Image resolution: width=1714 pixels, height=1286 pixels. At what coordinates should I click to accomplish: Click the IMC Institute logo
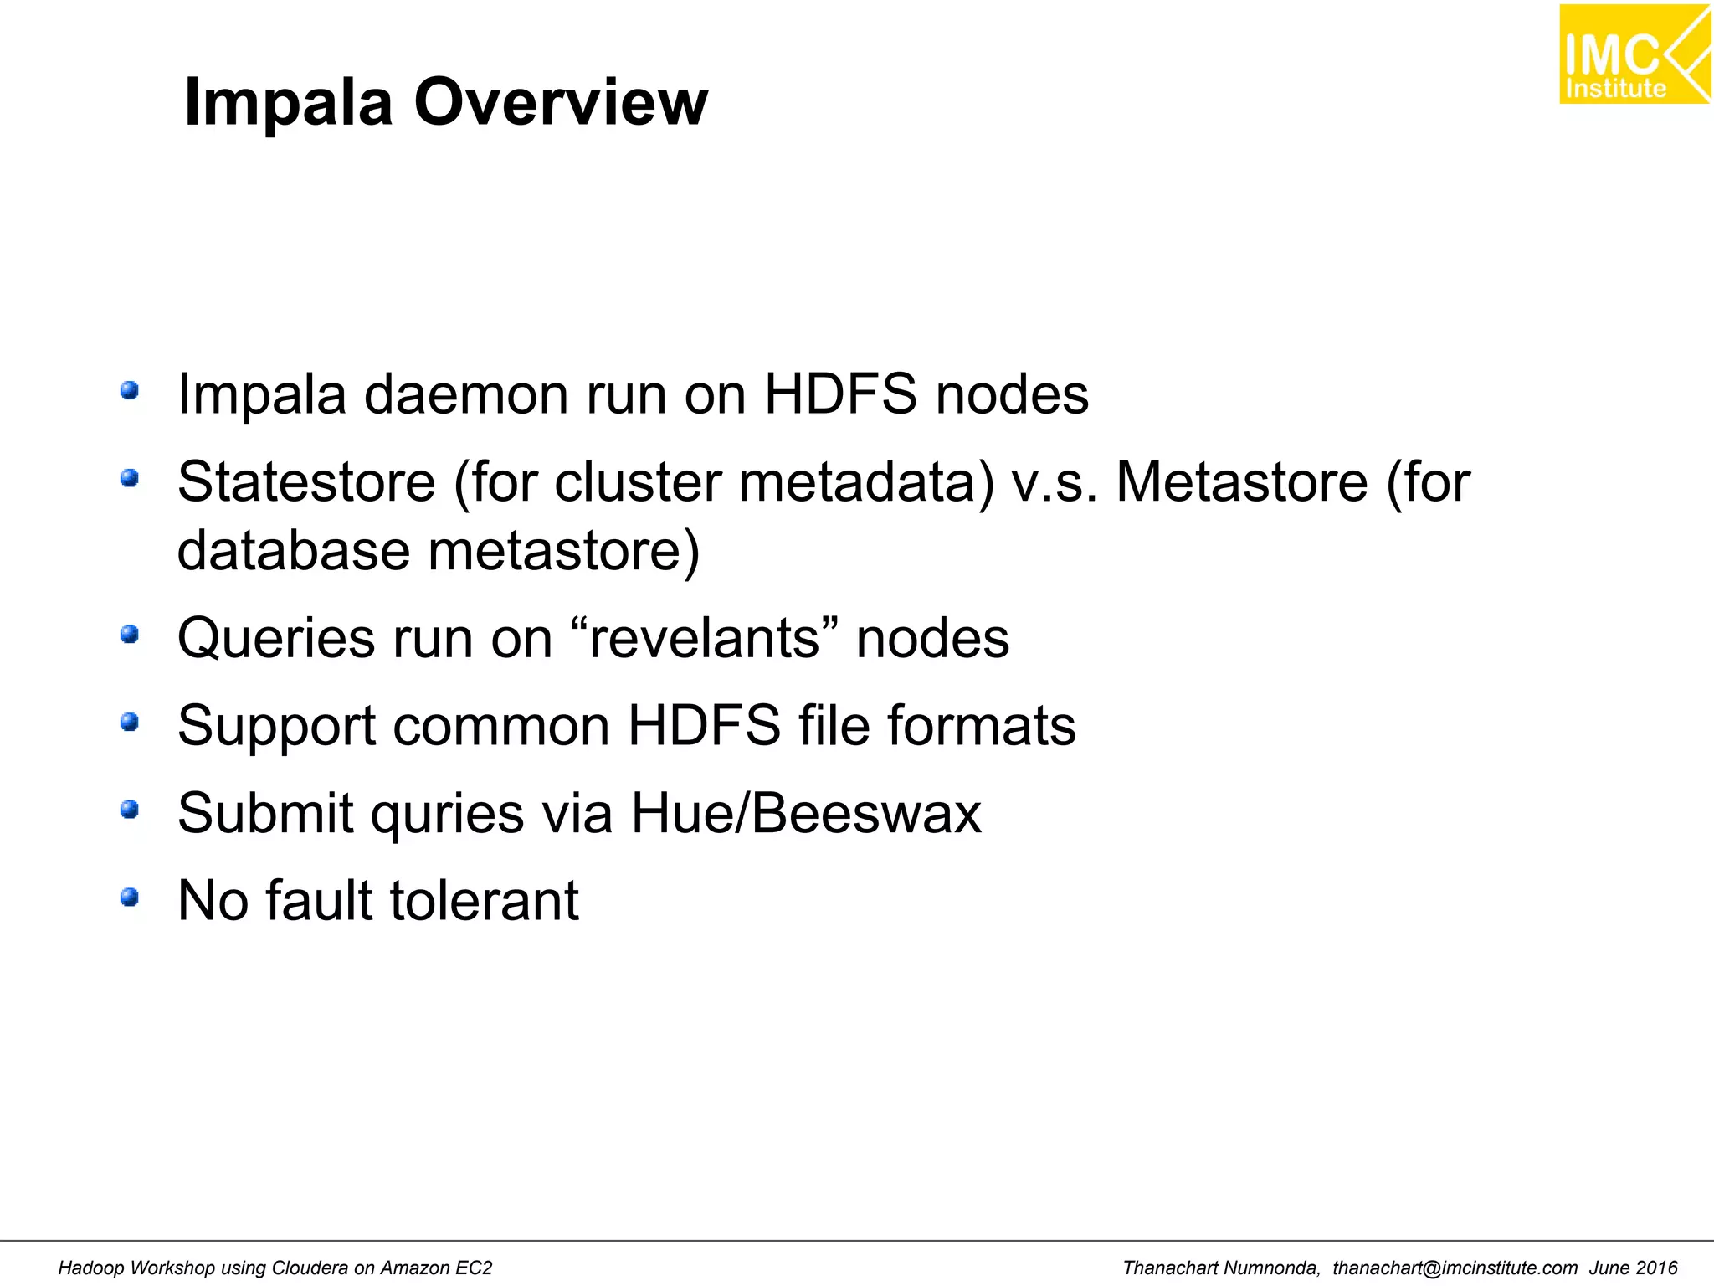point(1634,54)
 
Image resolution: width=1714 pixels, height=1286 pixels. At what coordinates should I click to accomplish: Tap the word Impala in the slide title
point(288,102)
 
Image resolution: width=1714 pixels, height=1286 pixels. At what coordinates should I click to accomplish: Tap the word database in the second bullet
point(294,551)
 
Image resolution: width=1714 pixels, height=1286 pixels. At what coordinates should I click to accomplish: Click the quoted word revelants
point(704,639)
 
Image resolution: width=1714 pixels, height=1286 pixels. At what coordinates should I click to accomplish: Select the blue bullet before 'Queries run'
point(129,635)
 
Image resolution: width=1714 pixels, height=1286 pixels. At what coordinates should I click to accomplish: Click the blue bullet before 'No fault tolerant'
point(129,898)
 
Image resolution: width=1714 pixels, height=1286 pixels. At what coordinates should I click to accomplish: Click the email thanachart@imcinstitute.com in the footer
point(1455,1268)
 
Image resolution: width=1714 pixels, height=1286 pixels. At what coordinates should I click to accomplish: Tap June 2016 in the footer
point(1634,1268)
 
